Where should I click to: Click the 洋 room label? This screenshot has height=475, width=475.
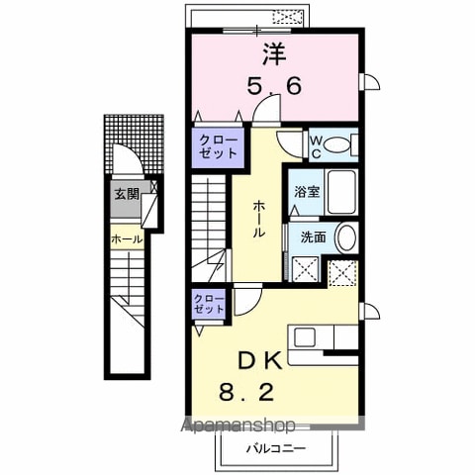coord(274,54)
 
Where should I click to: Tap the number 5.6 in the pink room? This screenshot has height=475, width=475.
coord(274,86)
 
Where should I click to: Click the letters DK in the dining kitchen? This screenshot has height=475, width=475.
coord(260,360)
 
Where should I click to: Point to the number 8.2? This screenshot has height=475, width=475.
coord(246,392)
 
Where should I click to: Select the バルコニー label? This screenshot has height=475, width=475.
coord(276,448)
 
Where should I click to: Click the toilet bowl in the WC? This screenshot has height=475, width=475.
coord(336,145)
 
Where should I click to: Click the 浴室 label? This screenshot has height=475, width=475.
coord(307,192)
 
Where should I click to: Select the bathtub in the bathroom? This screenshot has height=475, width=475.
coord(341,192)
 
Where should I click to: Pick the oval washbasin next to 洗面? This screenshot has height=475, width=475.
coord(346,237)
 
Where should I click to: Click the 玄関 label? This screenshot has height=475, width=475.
coord(127,194)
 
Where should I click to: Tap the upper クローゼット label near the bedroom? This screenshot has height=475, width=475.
coord(218,146)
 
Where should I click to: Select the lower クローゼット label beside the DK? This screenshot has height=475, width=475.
coord(209,304)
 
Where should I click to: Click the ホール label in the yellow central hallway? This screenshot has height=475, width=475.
coord(258,220)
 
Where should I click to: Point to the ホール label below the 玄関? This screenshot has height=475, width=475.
coord(127,238)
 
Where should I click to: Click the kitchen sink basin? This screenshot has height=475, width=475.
coord(305,337)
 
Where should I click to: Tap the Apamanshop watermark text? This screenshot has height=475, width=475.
coord(238,426)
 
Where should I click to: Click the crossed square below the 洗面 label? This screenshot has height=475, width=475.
coord(306,269)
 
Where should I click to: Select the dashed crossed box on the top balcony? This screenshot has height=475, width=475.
coord(288,17)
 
